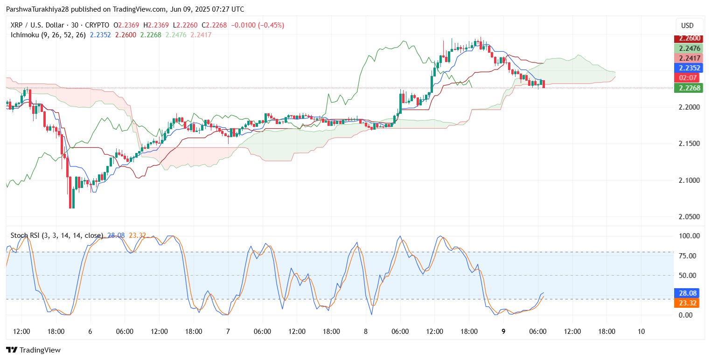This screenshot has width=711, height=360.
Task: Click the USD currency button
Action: pyautogui.click(x=688, y=25)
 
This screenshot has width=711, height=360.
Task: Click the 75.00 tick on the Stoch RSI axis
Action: pyautogui.click(x=688, y=256)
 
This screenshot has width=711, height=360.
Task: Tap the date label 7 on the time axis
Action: pyautogui.click(x=228, y=332)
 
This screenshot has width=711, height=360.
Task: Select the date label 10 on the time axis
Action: pyautogui.click(x=641, y=332)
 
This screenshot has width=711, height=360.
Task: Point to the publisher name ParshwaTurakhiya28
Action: pyautogui.click(x=39, y=9)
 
